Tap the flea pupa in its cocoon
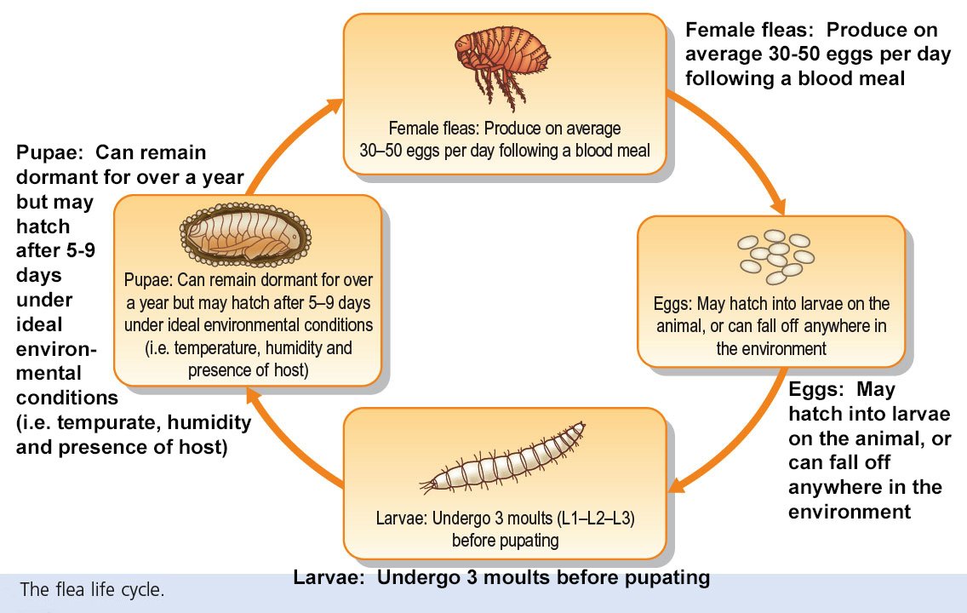pos(245,235)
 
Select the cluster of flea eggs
pos(775,255)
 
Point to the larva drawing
pos(502,458)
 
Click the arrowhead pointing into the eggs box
pos(777,205)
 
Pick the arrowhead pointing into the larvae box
pos(678,484)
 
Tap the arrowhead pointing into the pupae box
pos(254,395)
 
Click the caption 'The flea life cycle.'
pos(92,589)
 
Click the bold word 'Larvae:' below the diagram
pos(330,577)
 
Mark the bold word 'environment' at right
pos(850,512)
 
